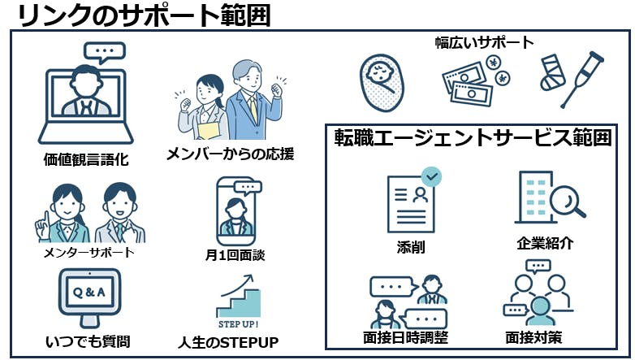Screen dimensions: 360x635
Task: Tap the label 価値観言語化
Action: click(x=86, y=159)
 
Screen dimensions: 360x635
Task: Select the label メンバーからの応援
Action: click(x=230, y=153)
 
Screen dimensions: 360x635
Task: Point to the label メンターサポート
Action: click(x=89, y=253)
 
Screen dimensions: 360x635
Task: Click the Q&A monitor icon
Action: click(x=89, y=295)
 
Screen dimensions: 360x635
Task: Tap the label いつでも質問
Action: click(x=89, y=340)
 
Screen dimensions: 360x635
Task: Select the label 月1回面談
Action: click(x=235, y=255)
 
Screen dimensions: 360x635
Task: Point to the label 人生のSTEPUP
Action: click(x=228, y=342)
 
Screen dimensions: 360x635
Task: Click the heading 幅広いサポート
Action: click(x=485, y=42)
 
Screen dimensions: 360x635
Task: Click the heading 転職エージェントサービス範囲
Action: click(x=473, y=138)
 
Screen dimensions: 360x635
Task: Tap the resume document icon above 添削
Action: click(x=412, y=201)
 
